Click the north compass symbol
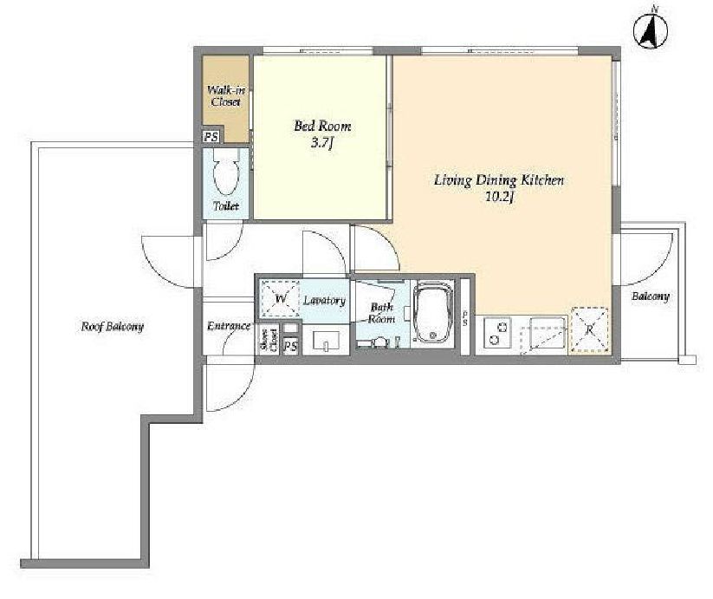[x=651, y=32]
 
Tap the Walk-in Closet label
[x=226, y=96]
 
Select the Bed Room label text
[x=322, y=126]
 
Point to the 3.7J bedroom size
[x=322, y=144]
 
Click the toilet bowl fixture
[x=226, y=175]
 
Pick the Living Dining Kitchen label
[x=499, y=180]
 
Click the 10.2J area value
[x=500, y=198]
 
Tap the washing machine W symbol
[x=280, y=299]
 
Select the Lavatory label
[x=324, y=301]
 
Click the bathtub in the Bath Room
[x=433, y=313]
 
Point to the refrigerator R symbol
[x=590, y=329]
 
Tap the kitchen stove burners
[x=497, y=333]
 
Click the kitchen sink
[x=548, y=335]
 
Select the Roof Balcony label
[x=112, y=327]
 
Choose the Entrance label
[x=228, y=326]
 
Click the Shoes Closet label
[x=269, y=340]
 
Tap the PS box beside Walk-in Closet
[x=211, y=136]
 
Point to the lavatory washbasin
[x=326, y=340]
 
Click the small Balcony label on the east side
[x=651, y=297]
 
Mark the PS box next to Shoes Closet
[x=290, y=346]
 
